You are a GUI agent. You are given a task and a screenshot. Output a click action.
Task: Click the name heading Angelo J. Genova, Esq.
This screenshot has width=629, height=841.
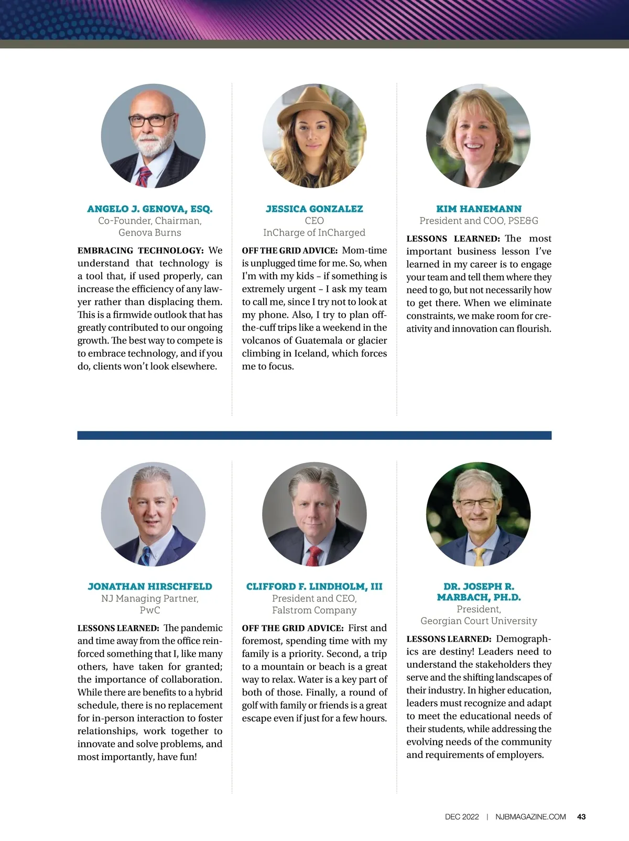tap(150, 209)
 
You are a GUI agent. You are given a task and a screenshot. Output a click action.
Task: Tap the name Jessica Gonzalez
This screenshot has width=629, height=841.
tap(314, 209)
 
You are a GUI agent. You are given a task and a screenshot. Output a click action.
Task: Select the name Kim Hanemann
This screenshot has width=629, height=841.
tap(479, 209)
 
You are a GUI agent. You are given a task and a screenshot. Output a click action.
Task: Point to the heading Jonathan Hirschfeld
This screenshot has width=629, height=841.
tap(150, 587)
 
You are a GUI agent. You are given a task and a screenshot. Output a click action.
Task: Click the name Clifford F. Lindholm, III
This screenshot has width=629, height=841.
tap(314, 587)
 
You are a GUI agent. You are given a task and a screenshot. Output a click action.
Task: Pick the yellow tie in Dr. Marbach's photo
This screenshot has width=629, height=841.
tap(479, 557)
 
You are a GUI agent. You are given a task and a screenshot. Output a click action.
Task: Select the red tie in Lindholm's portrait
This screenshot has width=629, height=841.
tap(314, 555)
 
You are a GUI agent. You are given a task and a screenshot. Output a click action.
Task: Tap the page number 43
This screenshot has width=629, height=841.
tap(581, 816)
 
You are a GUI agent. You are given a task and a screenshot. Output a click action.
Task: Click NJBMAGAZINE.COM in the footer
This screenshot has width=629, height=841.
tap(530, 816)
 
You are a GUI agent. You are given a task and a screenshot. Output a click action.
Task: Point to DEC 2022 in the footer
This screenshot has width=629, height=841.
tap(462, 816)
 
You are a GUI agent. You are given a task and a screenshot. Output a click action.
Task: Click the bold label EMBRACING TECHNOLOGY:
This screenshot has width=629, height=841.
tap(140, 251)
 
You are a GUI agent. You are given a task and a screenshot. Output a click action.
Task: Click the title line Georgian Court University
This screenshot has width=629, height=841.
tap(479, 621)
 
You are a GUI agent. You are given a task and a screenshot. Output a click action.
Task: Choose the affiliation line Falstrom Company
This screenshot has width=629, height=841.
tap(314, 610)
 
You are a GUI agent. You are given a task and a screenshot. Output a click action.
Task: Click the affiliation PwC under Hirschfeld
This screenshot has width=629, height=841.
tap(150, 610)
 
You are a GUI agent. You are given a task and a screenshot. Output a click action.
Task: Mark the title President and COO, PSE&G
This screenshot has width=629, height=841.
tap(479, 221)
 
